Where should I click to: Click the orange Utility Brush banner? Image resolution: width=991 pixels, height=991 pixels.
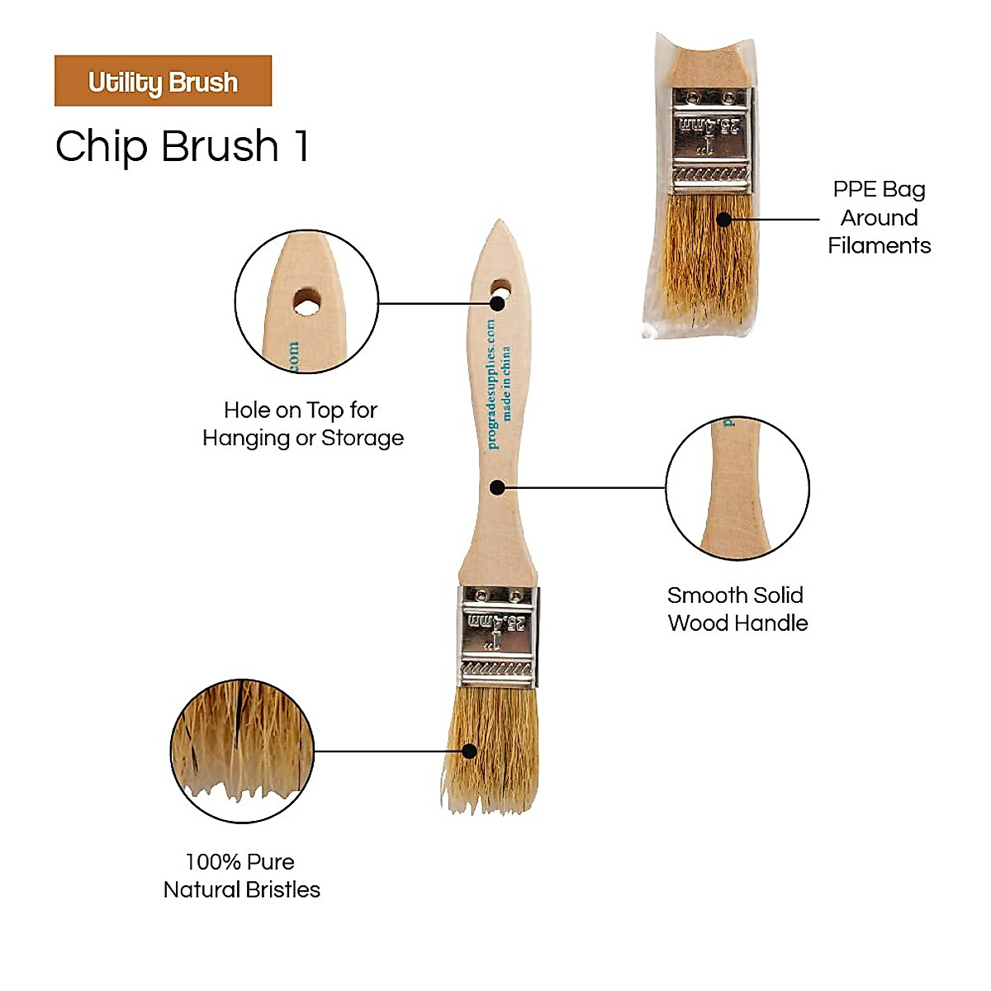163,81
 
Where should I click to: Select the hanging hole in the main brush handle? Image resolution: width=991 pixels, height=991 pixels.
500,290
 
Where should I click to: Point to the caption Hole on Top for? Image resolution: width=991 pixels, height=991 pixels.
301,410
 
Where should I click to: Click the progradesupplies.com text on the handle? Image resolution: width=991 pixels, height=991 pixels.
491,384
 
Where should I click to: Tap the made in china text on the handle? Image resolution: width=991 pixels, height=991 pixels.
506,382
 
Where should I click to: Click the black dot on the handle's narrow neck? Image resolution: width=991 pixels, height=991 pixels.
497,487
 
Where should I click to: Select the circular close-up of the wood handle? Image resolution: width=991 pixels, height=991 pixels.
737,487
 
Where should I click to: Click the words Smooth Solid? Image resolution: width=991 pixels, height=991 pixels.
735,595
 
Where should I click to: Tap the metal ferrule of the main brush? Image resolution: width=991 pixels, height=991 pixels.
499,636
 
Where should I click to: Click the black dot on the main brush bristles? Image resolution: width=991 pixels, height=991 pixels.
469,751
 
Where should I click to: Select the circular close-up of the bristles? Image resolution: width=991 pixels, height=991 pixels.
242,751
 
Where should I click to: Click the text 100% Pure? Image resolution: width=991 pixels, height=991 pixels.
239,861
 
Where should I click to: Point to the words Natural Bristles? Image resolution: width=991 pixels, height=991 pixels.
242,889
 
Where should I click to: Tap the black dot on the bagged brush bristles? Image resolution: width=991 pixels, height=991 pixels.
723,220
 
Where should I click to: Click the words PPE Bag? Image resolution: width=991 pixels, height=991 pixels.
879,189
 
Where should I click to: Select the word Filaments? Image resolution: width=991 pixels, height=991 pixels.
879,245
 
